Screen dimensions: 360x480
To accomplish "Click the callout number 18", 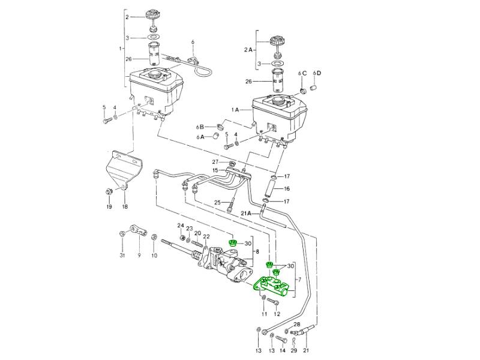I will [125, 207].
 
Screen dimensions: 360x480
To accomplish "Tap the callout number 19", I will [109, 207].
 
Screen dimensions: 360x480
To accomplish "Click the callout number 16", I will [287, 188].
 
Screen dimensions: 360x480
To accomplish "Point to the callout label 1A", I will [235, 110].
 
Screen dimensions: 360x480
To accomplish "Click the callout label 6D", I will [317, 73].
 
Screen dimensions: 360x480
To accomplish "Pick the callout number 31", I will [122, 256].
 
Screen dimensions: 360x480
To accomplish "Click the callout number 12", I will [277, 314].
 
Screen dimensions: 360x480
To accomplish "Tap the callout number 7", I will [300, 282].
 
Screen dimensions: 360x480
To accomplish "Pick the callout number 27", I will [215, 162].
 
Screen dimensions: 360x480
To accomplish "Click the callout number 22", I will [206, 236].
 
